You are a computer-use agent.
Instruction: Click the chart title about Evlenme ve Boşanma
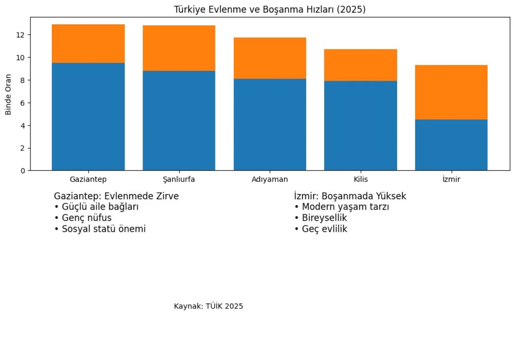[269, 9]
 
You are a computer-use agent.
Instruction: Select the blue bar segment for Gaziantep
[88, 117]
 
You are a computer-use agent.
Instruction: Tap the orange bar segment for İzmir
[451, 92]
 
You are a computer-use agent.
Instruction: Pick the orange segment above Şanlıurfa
[179, 48]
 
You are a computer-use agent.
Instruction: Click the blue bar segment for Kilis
[360, 126]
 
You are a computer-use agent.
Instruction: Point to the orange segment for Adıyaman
[270, 58]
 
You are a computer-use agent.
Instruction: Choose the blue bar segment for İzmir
[451, 145]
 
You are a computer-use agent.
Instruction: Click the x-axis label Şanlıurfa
[179, 180]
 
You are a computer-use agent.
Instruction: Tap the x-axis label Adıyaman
[270, 180]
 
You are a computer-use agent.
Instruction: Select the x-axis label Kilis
[360, 180]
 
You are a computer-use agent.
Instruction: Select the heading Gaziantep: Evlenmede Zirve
[116, 196]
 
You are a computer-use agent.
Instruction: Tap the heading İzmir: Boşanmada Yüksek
[350, 196]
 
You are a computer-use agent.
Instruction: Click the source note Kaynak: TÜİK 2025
[209, 306]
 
